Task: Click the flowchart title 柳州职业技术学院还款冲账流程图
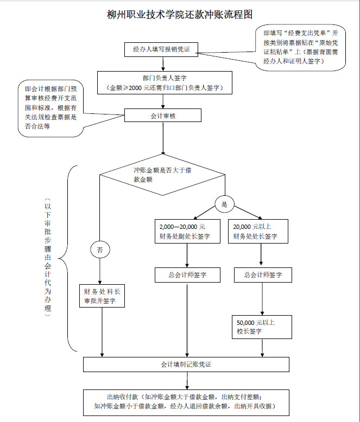click(180, 15)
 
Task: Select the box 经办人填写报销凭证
click(161, 49)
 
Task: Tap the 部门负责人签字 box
click(165, 82)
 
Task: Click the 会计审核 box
click(162, 116)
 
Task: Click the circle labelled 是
click(224, 204)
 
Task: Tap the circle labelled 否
click(99, 250)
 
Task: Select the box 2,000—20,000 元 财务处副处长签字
click(187, 231)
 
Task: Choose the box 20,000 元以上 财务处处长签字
click(260, 231)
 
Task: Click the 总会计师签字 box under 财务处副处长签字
click(187, 275)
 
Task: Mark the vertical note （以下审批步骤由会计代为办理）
click(48, 258)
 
